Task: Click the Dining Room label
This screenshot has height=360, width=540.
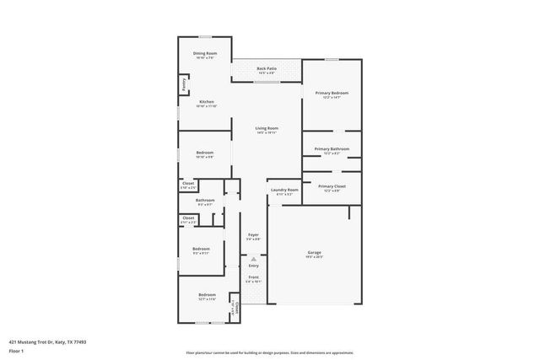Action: (x=204, y=54)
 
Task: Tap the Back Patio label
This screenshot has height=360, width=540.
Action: (x=266, y=69)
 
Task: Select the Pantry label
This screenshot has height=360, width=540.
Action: (x=182, y=84)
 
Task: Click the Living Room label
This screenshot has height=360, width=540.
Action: (x=267, y=129)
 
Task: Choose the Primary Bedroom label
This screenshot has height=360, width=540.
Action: (x=332, y=94)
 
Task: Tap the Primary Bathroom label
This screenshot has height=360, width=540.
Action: (x=332, y=150)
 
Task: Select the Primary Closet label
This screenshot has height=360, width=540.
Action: (x=332, y=187)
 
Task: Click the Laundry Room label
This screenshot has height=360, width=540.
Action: (x=284, y=191)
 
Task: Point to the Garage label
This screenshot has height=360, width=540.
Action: (x=314, y=253)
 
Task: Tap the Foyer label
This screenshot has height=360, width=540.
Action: (x=253, y=235)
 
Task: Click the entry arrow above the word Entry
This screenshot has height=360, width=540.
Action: (x=253, y=259)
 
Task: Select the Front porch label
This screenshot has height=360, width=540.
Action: (x=253, y=277)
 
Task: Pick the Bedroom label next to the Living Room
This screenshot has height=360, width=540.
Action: (x=205, y=153)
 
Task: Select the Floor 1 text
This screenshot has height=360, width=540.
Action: (x=16, y=350)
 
